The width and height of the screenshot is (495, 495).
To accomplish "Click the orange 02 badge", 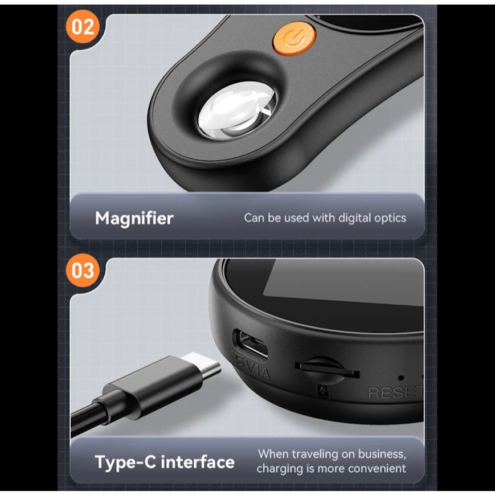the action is pyautogui.click(x=83, y=27).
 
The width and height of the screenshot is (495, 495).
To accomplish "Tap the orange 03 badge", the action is pyautogui.click(x=83, y=271).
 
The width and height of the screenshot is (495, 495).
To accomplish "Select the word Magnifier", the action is pyautogui.click(x=134, y=218).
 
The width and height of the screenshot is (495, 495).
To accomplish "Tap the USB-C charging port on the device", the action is pyautogui.click(x=251, y=344).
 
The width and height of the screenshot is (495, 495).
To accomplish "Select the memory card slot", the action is pyautogui.click(x=327, y=370).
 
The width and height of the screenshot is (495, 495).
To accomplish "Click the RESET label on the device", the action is pyautogui.click(x=395, y=392).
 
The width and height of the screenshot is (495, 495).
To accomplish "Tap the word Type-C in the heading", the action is pyautogui.click(x=125, y=463).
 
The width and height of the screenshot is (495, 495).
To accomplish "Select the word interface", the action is pyautogui.click(x=198, y=462).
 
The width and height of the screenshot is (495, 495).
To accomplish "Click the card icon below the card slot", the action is pyautogui.click(x=324, y=392).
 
